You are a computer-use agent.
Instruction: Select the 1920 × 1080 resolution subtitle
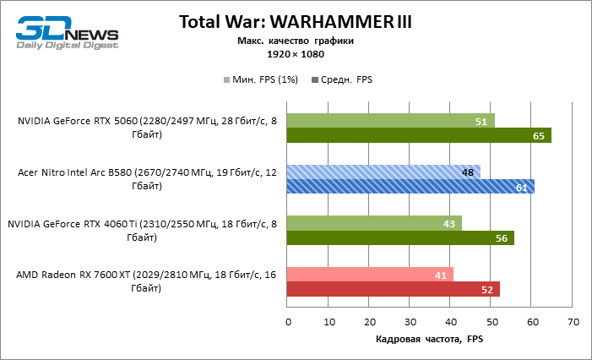coord(296,53)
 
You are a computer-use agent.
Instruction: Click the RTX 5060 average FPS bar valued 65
coord(419,135)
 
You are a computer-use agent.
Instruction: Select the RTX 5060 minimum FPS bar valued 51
coord(390,121)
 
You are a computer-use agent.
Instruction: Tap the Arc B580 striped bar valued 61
coord(410,187)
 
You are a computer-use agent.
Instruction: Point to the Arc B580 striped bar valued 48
coord(383,172)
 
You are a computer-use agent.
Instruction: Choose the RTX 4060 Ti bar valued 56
coord(400,238)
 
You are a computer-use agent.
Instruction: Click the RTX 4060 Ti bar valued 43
coord(374,223)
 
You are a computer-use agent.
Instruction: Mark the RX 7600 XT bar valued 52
coord(393,290)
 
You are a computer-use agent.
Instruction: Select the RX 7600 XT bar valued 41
coord(370,275)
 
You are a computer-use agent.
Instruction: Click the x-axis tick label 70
coord(573,322)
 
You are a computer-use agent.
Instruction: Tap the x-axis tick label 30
coord(410,322)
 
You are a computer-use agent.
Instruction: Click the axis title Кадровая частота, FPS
coord(430,339)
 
